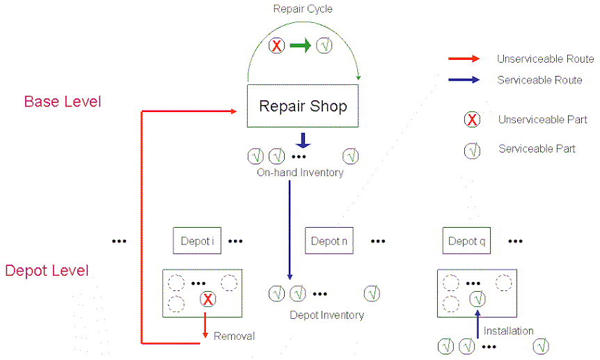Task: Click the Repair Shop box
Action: pyautogui.click(x=303, y=107)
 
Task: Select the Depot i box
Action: pyautogui.click(x=197, y=241)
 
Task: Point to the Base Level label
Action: pyautogui.click(x=63, y=102)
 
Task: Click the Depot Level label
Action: pyautogui.click(x=47, y=270)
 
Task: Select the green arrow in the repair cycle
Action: pyautogui.click(x=301, y=46)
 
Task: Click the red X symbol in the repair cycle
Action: pyautogui.click(x=277, y=47)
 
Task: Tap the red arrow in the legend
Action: pyautogui.click(x=464, y=59)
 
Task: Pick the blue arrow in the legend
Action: pyautogui.click(x=464, y=80)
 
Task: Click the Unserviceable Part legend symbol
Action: pyautogui.click(x=472, y=119)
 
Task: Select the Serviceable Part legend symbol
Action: pyautogui.click(x=472, y=149)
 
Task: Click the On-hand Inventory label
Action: pyautogui.click(x=300, y=172)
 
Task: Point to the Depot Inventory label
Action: pyautogui.click(x=327, y=315)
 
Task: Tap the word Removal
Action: pyautogui.click(x=234, y=336)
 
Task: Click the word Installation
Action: pyautogui.click(x=509, y=331)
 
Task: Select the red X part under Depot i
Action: pyautogui.click(x=207, y=300)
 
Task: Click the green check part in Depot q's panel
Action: pyautogui.click(x=477, y=300)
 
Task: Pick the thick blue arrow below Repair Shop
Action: pyautogui.click(x=303, y=139)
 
